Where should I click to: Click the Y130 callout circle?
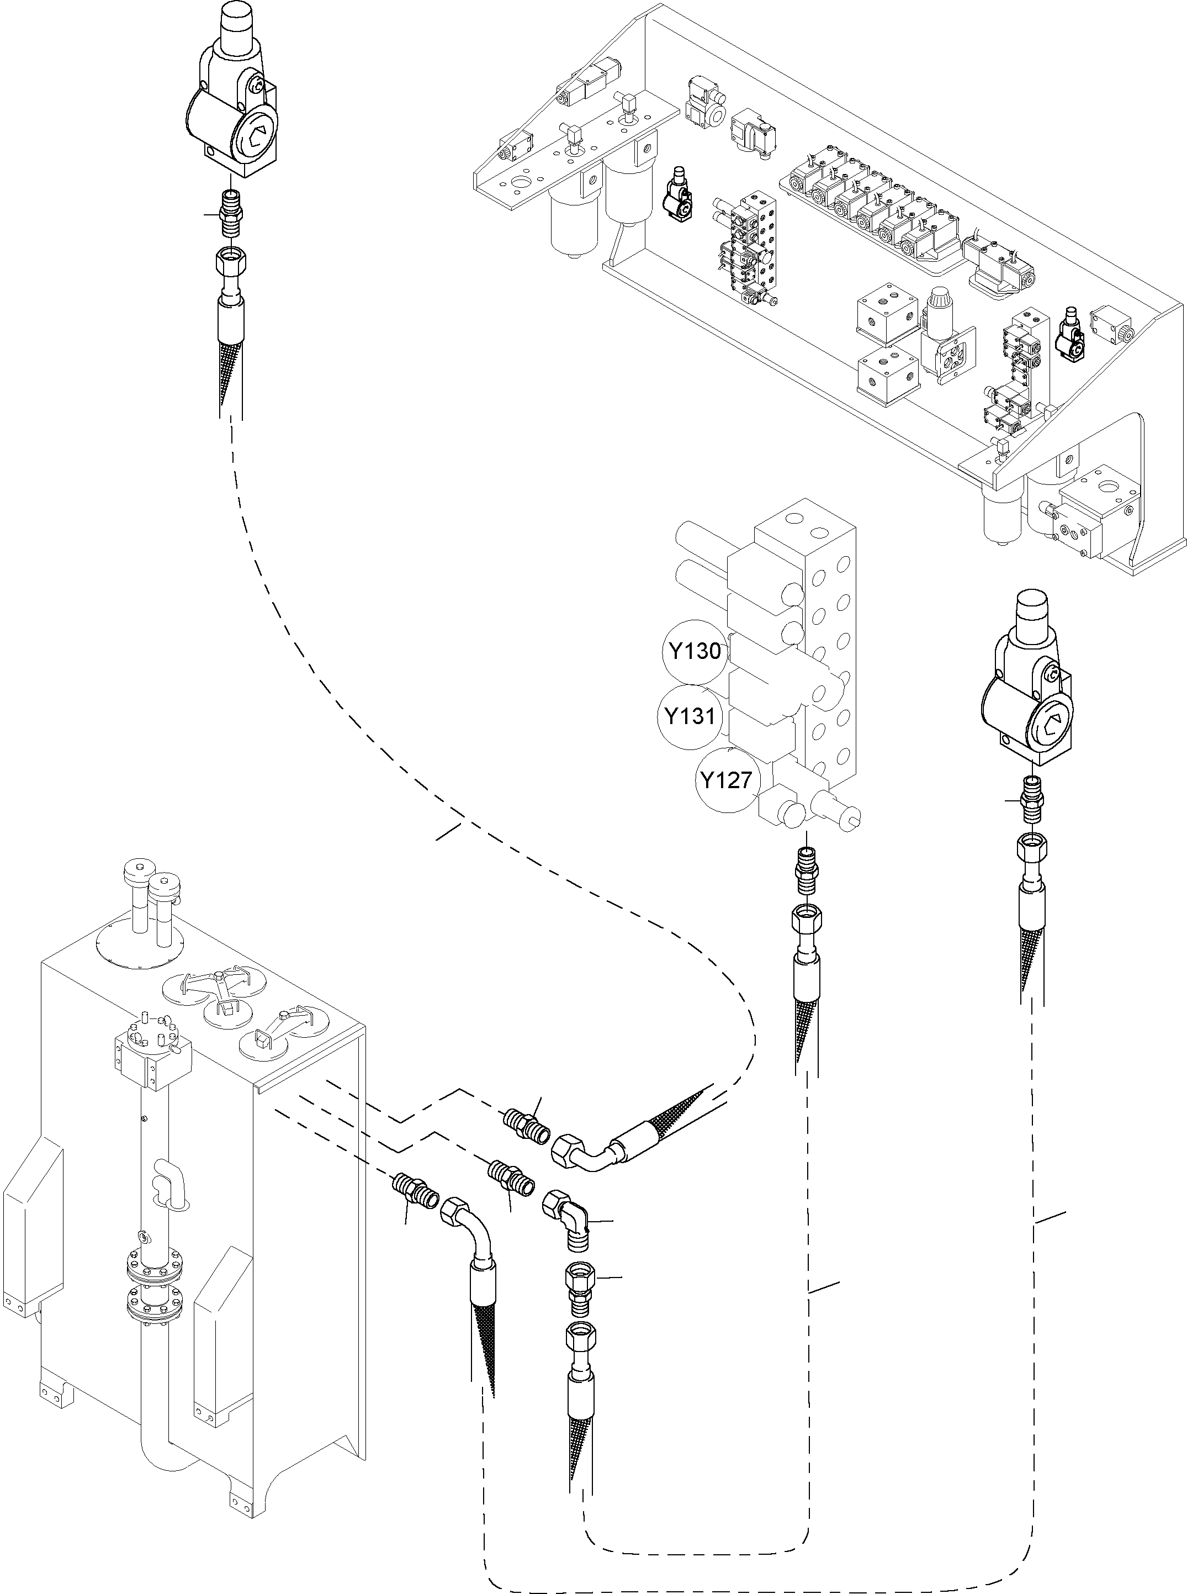pyautogui.click(x=694, y=651)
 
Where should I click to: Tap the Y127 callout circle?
pyautogui.click(x=727, y=780)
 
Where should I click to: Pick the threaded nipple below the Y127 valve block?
pyautogui.click(x=805, y=869)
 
